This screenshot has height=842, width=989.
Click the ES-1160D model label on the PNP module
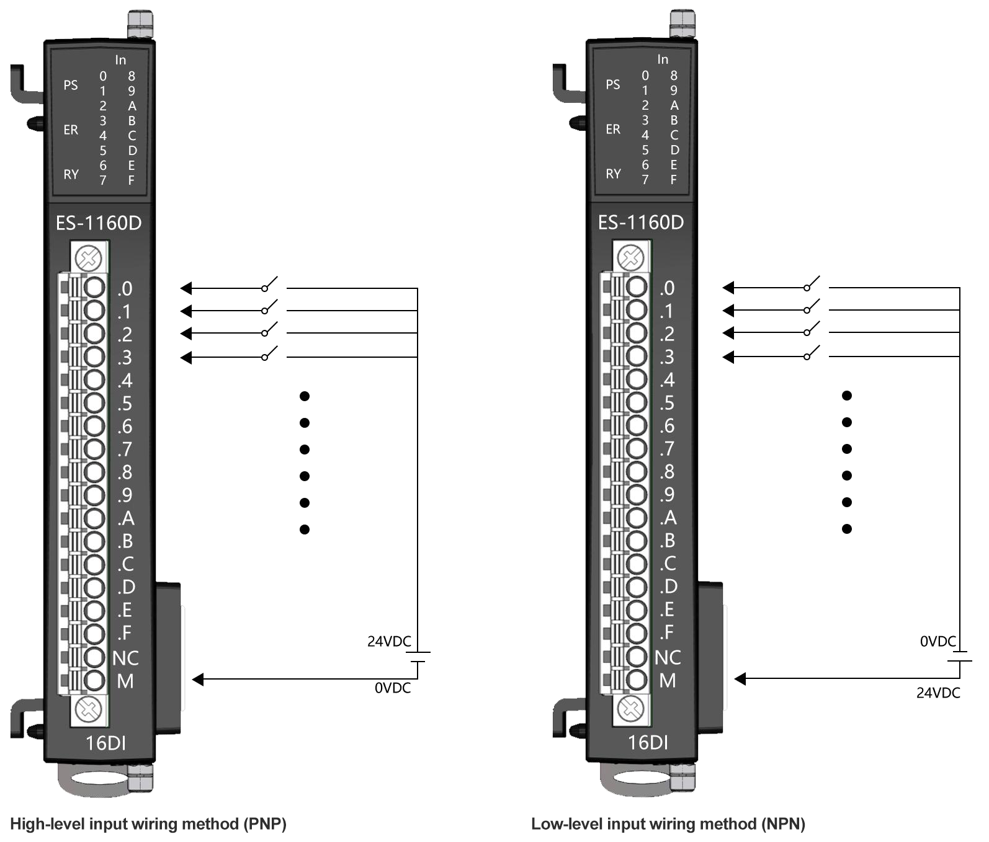(99, 223)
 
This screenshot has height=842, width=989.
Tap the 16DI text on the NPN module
(648, 742)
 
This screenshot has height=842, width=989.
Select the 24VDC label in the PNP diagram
(389, 642)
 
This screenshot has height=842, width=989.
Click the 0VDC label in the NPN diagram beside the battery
(938, 642)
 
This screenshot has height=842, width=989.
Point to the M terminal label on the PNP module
(125, 681)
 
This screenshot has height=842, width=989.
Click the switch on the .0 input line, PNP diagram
(269, 286)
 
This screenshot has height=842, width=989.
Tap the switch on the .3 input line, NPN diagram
(812, 355)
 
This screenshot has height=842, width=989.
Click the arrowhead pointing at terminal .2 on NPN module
(728, 333)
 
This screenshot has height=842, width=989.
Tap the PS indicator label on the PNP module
(71, 85)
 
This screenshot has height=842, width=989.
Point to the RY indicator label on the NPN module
(613, 174)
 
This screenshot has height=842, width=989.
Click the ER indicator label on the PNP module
(71, 130)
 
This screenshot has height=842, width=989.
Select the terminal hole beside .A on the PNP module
(94, 518)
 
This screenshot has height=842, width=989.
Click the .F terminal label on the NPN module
(667, 632)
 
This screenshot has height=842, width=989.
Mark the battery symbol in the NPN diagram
(960, 657)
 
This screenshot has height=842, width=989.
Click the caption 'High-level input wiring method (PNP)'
(148, 824)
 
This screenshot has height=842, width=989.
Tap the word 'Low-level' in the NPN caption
(566, 824)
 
